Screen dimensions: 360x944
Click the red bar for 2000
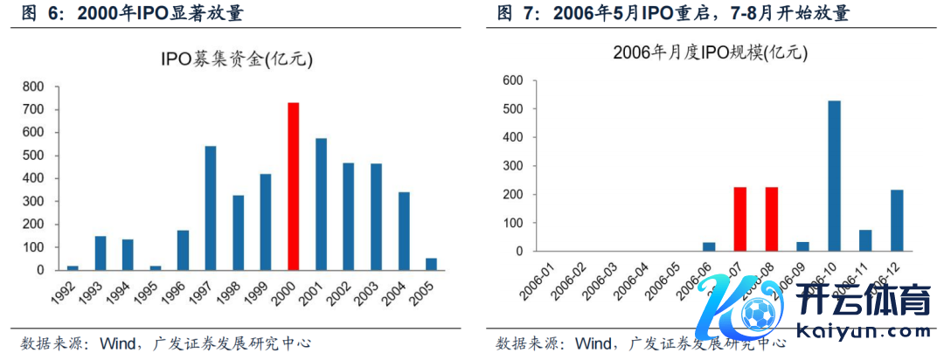pyautogui.click(x=294, y=186)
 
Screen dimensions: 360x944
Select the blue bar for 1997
pyautogui.click(x=210, y=208)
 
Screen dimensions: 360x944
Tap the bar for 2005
pyautogui.click(x=431, y=264)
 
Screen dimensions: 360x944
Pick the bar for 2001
pyautogui.click(x=321, y=204)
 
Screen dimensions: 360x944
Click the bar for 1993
pyautogui.click(x=101, y=253)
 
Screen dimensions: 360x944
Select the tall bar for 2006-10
pyautogui.click(x=835, y=176)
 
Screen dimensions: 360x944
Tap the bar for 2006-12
pyautogui.click(x=898, y=220)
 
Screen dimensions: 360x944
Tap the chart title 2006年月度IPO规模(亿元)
pyautogui.click(x=711, y=52)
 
